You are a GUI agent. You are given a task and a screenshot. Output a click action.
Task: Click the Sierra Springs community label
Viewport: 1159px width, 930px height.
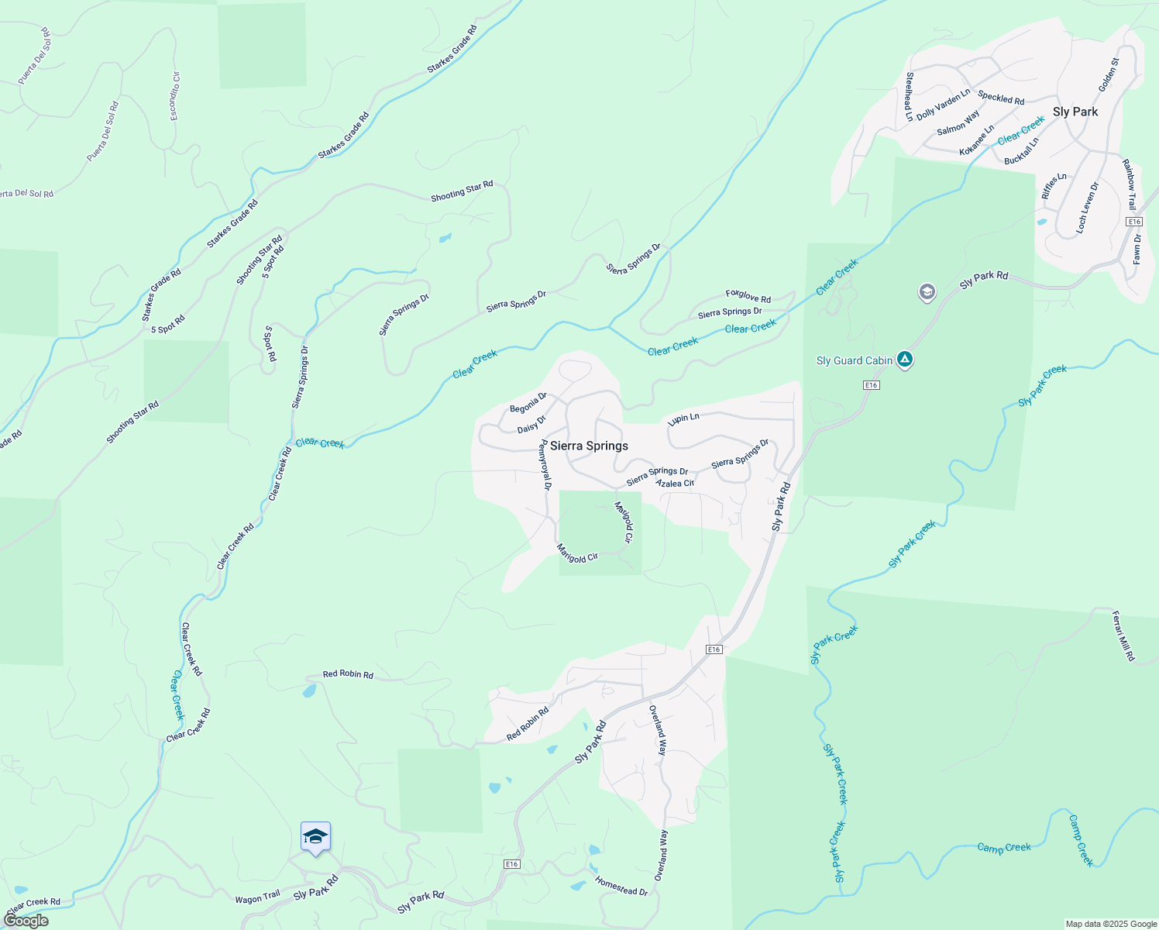click(589, 446)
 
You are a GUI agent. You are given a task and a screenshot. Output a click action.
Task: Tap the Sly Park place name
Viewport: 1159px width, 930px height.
click(1075, 112)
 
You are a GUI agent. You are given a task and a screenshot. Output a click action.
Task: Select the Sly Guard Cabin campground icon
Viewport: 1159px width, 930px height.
click(905, 359)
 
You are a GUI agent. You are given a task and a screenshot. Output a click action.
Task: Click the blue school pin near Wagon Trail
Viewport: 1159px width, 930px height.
click(315, 837)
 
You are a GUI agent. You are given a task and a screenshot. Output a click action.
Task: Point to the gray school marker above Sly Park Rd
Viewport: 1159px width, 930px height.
click(927, 293)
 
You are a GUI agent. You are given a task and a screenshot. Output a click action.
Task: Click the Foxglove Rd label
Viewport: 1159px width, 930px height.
click(748, 296)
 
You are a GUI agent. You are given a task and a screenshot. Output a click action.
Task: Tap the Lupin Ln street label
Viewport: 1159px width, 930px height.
click(683, 418)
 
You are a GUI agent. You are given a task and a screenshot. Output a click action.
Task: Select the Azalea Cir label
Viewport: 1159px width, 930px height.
click(675, 484)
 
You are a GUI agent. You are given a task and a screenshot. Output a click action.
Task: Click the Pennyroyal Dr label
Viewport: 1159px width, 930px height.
click(545, 465)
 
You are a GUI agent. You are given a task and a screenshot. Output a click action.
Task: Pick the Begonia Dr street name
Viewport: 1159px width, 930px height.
click(528, 403)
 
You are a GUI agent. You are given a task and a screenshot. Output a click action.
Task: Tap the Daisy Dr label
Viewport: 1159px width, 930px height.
click(531, 424)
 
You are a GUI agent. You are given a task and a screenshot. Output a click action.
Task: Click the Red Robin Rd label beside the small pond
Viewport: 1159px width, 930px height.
click(348, 674)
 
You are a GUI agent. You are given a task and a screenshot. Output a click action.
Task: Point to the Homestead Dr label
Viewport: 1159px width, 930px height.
click(621, 886)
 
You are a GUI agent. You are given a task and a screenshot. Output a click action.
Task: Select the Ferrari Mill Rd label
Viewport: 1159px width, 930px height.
click(1123, 636)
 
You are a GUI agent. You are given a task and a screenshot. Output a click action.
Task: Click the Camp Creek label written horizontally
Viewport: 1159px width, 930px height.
click(1004, 848)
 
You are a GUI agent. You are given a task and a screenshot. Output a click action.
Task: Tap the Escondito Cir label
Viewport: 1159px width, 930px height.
click(174, 97)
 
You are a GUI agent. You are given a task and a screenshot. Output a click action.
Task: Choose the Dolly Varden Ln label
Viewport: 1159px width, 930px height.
click(943, 105)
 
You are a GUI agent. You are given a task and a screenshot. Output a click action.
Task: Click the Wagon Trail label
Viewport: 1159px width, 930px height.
click(257, 897)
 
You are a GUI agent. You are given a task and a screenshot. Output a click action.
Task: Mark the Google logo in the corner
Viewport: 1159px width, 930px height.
click(26, 921)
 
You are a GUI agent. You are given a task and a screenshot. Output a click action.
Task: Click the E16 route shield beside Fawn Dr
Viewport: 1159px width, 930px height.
click(1133, 222)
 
